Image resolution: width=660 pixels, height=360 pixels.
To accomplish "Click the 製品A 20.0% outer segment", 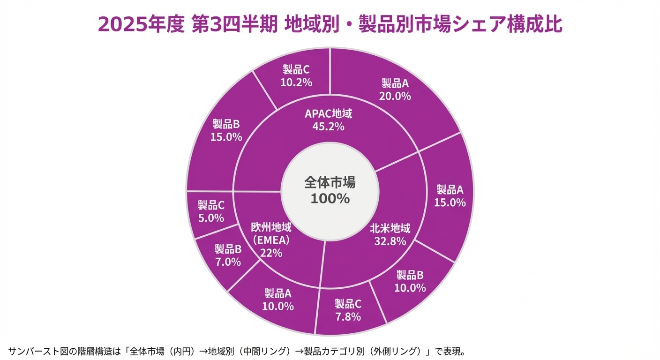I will pyautogui.click(x=395, y=90).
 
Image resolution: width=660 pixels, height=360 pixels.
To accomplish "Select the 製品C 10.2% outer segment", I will pyautogui.click(x=296, y=76).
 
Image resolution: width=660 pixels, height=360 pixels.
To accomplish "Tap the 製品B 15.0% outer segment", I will pyautogui.click(x=227, y=130).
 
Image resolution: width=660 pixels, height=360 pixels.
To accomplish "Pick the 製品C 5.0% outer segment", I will pyautogui.click(x=211, y=211).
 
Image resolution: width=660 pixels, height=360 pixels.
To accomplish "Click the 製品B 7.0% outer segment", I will pyautogui.click(x=228, y=255).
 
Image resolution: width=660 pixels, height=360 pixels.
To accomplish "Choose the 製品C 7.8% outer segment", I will pyautogui.click(x=347, y=310).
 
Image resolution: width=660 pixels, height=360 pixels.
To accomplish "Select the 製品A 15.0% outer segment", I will pyautogui.click(x=450, y=196).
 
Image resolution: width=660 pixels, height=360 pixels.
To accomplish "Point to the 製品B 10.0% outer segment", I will pyautogui.click(x=410, y=281).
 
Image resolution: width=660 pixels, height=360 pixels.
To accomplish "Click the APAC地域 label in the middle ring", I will pyautogui.click(x=328, y=113).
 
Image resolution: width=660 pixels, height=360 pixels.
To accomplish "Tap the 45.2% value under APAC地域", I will pyautogui.click(x=328, y=126).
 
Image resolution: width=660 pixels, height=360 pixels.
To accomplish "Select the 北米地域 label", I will pyautogui.click(x=390, y=229).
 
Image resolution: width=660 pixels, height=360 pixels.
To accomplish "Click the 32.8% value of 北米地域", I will pyautogui.click(x=390, y=241).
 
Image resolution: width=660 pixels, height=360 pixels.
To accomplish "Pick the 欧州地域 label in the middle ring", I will pyautogui.click(x=271, y=228).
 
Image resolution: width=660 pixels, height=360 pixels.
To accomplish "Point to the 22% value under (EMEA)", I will pyautogui.click(x=271, y=253).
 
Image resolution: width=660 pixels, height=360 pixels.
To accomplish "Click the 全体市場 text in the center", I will pyautogui.click(x=330, y=182).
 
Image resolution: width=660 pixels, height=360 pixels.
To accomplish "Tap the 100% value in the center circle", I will pyautogui.click(x=330, y=198).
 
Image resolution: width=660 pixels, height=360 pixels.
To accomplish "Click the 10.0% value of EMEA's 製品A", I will pyautogui.click(x=278, y=306).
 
